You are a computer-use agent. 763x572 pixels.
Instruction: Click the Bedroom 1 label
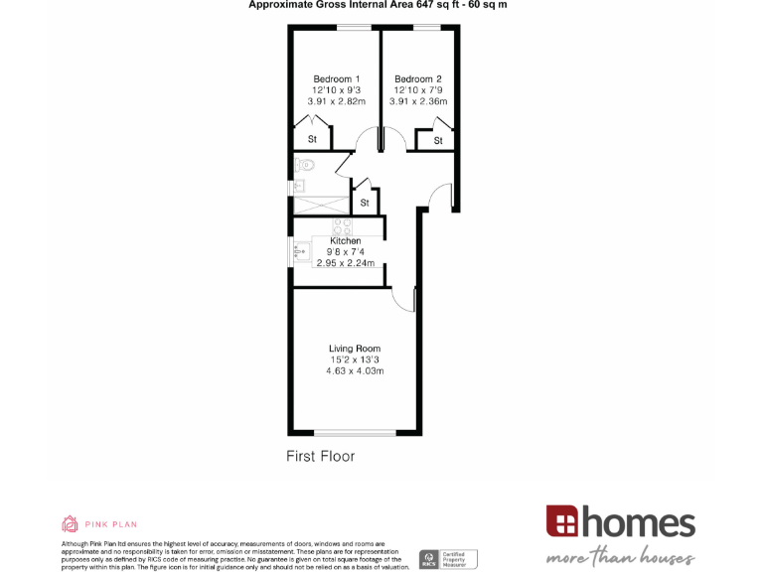336,79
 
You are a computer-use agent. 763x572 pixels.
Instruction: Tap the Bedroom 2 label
418,79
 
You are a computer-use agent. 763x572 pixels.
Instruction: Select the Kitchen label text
345,241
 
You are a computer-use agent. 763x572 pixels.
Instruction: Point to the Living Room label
355,349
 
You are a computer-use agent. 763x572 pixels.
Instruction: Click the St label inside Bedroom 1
312,140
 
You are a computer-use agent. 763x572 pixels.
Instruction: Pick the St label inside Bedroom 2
438,142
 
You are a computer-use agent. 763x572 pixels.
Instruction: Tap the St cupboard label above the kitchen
365,204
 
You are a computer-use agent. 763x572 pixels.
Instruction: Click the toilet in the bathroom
304,165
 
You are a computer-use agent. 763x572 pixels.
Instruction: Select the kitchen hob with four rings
339,224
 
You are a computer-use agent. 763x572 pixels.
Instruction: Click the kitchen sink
300,251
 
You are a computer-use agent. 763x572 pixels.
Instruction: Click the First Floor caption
320,457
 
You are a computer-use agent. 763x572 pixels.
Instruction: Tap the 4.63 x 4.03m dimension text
355,370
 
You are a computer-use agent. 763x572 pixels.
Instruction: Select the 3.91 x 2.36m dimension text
418,101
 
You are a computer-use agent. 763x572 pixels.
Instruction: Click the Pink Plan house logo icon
70,523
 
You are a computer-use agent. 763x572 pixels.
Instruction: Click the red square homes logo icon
561,521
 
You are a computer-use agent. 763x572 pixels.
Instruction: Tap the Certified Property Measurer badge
448,559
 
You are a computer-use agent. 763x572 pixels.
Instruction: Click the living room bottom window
356,432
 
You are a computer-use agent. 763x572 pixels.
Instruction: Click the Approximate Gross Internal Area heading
378,5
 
